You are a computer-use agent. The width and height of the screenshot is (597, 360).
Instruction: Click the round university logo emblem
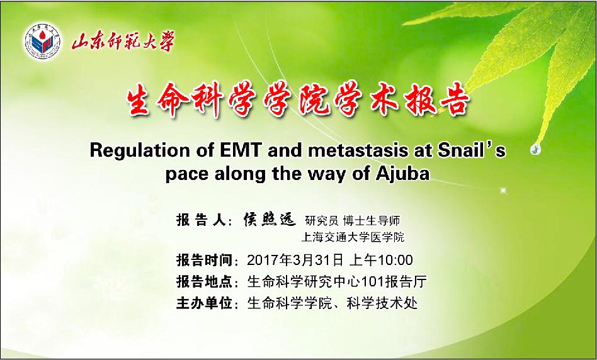point(43,41)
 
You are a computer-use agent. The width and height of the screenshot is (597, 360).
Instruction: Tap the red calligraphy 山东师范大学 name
point(123,42)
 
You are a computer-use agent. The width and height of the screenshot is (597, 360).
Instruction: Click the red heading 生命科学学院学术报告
point(298,99)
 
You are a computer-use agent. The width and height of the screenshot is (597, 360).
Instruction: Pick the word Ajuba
point(403,174)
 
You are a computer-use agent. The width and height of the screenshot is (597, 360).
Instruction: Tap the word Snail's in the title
point(471,150)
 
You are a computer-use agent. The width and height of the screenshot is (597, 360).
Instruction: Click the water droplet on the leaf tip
point(535,149)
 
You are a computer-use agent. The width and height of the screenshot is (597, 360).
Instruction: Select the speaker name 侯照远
point(270,220)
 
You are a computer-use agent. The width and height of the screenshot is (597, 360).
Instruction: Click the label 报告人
point(202,220)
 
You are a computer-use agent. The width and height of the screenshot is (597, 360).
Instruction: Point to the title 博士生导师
point(372,220)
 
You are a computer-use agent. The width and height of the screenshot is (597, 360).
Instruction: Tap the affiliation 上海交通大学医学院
point(353,237)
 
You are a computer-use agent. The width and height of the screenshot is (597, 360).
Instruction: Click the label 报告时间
point(205,261)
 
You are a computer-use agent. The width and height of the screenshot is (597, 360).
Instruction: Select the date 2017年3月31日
point(295,261)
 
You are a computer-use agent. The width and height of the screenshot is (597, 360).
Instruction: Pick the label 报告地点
point(205,282)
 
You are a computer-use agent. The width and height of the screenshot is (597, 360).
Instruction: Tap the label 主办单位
point(205,304)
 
